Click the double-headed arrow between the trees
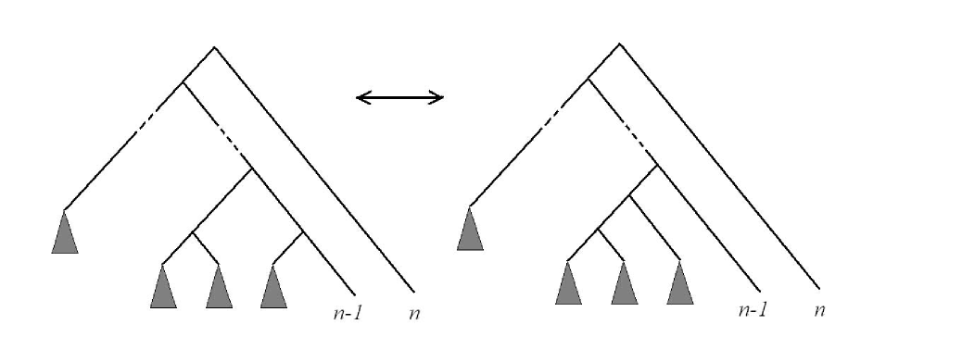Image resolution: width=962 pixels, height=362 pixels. pos(400,97)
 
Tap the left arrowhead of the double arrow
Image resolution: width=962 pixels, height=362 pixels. pos(361,97)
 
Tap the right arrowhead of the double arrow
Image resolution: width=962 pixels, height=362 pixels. pos(439,97)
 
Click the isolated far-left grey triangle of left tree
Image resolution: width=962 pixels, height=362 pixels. pos(65,233)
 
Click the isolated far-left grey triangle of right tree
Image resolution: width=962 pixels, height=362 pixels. pos(470,230)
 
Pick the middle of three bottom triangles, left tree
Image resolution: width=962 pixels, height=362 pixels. pos(219,287)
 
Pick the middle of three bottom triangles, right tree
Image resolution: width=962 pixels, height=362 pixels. pos(624,283)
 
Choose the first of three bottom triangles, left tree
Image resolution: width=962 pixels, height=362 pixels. pos(163,287)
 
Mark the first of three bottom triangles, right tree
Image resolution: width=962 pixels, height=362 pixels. pos(568,283)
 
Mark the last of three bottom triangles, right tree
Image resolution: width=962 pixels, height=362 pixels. pos(679,283)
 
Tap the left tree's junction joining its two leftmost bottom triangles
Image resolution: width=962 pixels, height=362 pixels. pos(192,231)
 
